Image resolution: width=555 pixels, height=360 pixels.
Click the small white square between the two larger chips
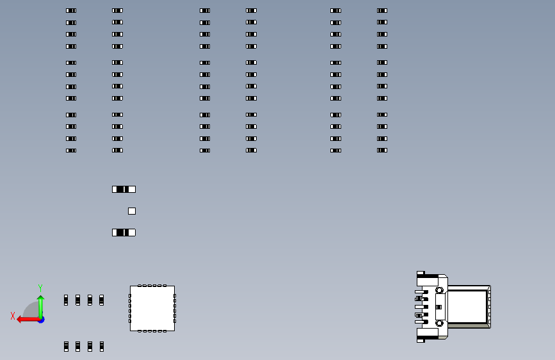132,211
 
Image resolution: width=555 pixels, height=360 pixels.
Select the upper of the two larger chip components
124,189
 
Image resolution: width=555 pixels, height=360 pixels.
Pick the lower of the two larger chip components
124,233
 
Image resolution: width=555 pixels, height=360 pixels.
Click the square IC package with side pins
152,308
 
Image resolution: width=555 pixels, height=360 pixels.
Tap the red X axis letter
13,316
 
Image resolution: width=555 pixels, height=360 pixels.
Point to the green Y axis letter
40,288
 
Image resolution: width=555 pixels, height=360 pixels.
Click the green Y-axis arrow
41,306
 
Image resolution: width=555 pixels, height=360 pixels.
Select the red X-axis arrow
28,320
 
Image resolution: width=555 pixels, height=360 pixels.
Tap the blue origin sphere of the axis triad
42,320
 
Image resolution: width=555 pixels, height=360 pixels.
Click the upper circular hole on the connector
439,290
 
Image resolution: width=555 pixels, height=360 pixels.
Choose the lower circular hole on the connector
439,323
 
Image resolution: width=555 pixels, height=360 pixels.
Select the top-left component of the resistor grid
71,11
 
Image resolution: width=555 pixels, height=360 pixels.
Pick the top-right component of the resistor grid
382,11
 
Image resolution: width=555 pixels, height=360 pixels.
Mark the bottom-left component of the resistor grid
71,151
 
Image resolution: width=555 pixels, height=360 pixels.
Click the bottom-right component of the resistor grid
382,151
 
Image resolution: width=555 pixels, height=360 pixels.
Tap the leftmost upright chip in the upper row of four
66,300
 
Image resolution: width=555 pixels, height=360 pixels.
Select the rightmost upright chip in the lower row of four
102,347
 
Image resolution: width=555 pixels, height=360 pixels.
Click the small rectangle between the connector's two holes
438,307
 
